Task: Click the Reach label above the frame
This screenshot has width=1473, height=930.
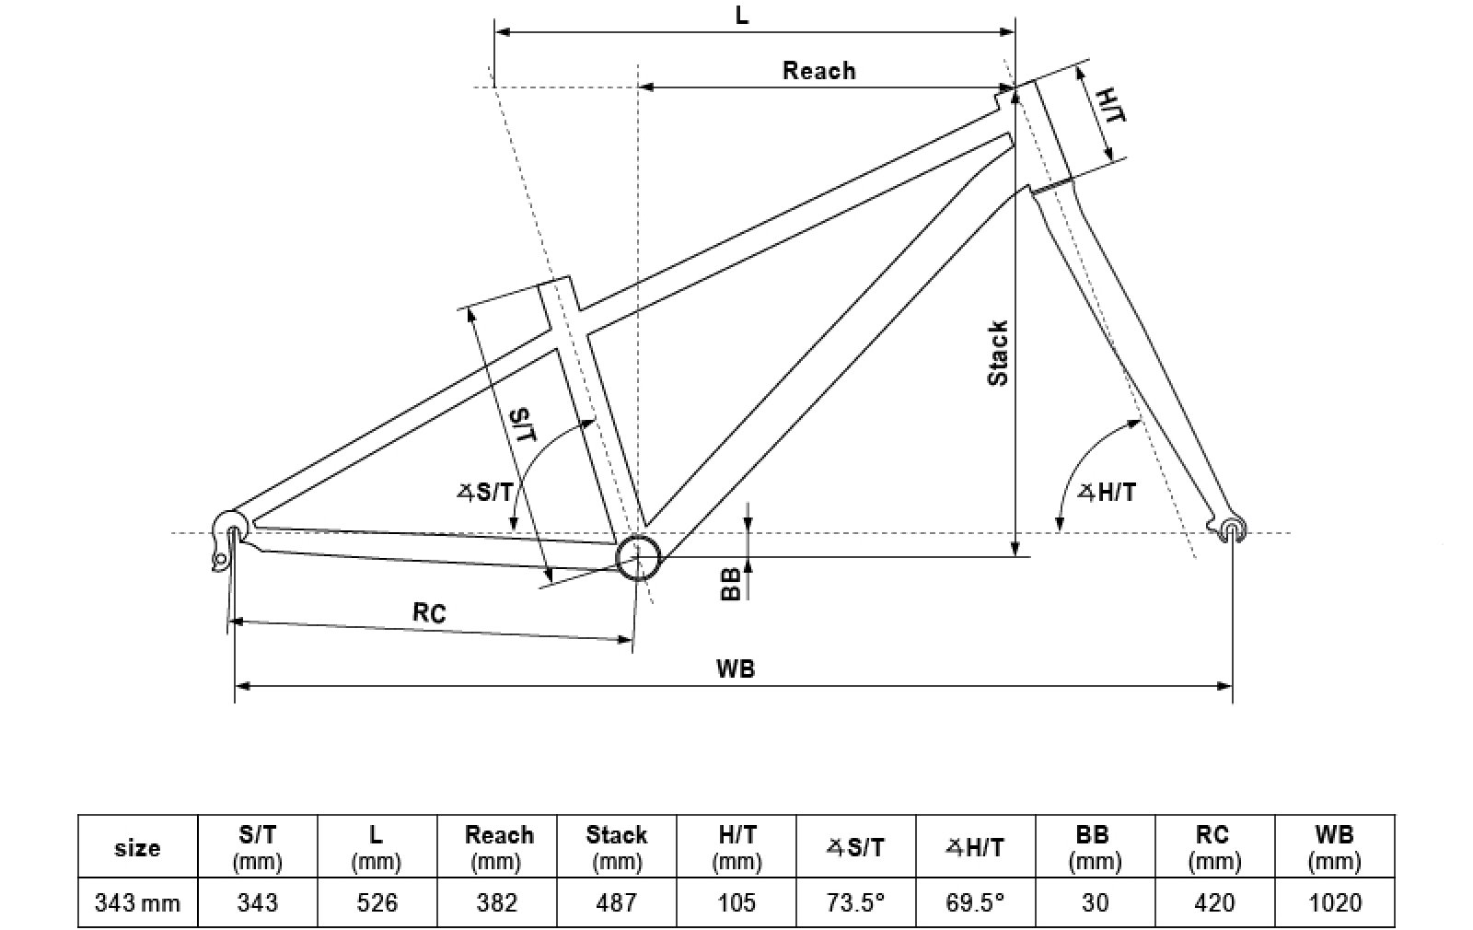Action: click(818, 70)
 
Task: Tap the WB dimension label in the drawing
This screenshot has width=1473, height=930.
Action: click(736, 668)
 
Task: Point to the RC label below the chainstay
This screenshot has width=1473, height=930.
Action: click(429, 612)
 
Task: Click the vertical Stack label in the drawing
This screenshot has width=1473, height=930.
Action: click(998, 354)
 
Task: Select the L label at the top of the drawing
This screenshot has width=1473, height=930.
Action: click(741, 16)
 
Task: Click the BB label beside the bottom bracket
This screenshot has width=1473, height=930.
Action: click(731, 584)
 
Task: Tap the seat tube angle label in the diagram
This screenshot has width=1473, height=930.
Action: click(485, 492)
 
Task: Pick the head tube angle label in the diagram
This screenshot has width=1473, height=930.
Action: click(1107, 492)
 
